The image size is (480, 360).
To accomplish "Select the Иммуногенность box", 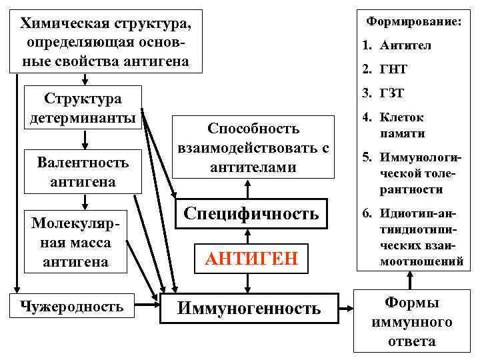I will (x=247, y=308).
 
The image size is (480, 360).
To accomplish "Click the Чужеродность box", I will (x=71, y=307).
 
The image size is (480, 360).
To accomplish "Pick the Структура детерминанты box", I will (x=83, y=108).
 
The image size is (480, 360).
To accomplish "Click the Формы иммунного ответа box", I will (x=411, y=322).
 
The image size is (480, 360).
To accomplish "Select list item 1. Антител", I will (x=397, y=46).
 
